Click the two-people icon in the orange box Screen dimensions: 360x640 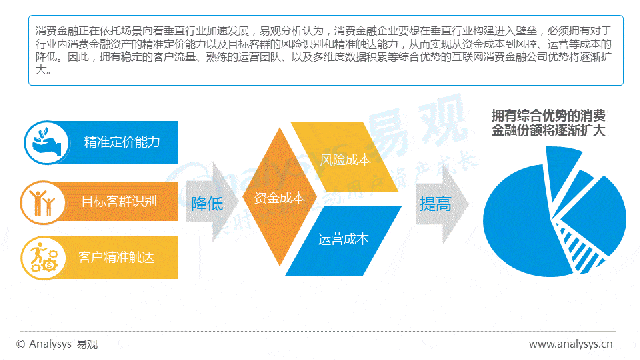pos(43,201)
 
